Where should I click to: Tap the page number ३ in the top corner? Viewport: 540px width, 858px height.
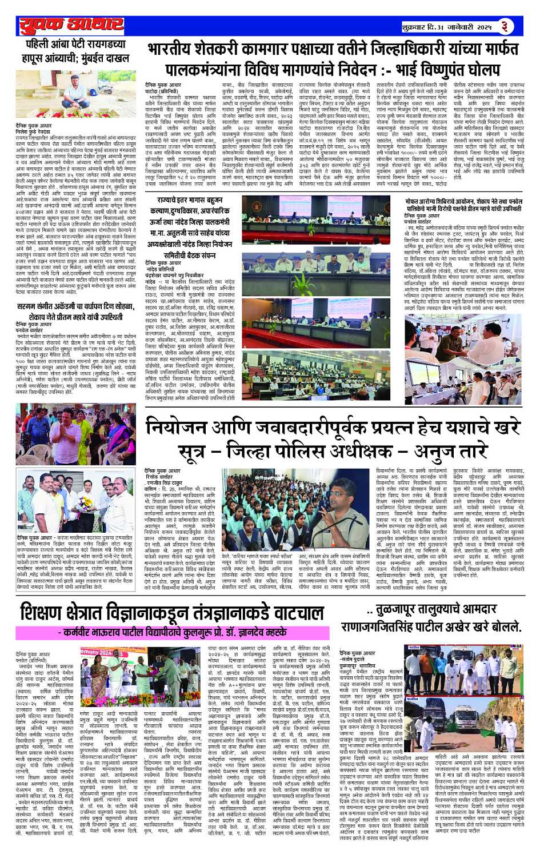pos(505,26)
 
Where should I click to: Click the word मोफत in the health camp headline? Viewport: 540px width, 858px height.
pos(415,202)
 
